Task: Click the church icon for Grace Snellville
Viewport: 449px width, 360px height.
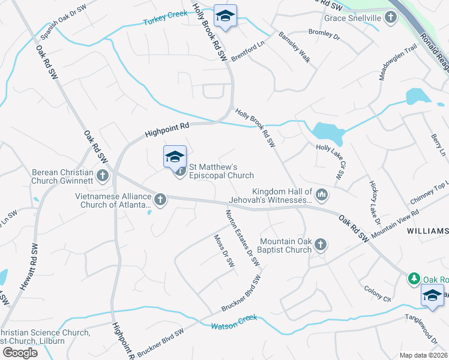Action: pyautogui.click(x=391, y=17)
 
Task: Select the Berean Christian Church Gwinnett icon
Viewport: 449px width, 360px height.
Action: pyautogui.click(x=103, y=176)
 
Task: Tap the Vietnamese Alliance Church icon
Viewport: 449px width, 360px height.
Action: pyautogui.click(x=160, y=199)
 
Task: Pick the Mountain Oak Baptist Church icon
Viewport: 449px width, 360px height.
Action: pyautogui.click(x=321, y=244)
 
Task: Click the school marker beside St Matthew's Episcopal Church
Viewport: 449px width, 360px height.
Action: pyautogui.click(x=175, y=157)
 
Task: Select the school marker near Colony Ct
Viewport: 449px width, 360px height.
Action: pyautogui.click(x=432, y=294)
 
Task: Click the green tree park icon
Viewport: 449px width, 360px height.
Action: pyautogui.click(x=414, y=279)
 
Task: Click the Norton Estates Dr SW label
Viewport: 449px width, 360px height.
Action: pyautogui.click(x=243, y=238)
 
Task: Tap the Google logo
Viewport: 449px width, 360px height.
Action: pyautogui.click(x=20, y=353)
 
